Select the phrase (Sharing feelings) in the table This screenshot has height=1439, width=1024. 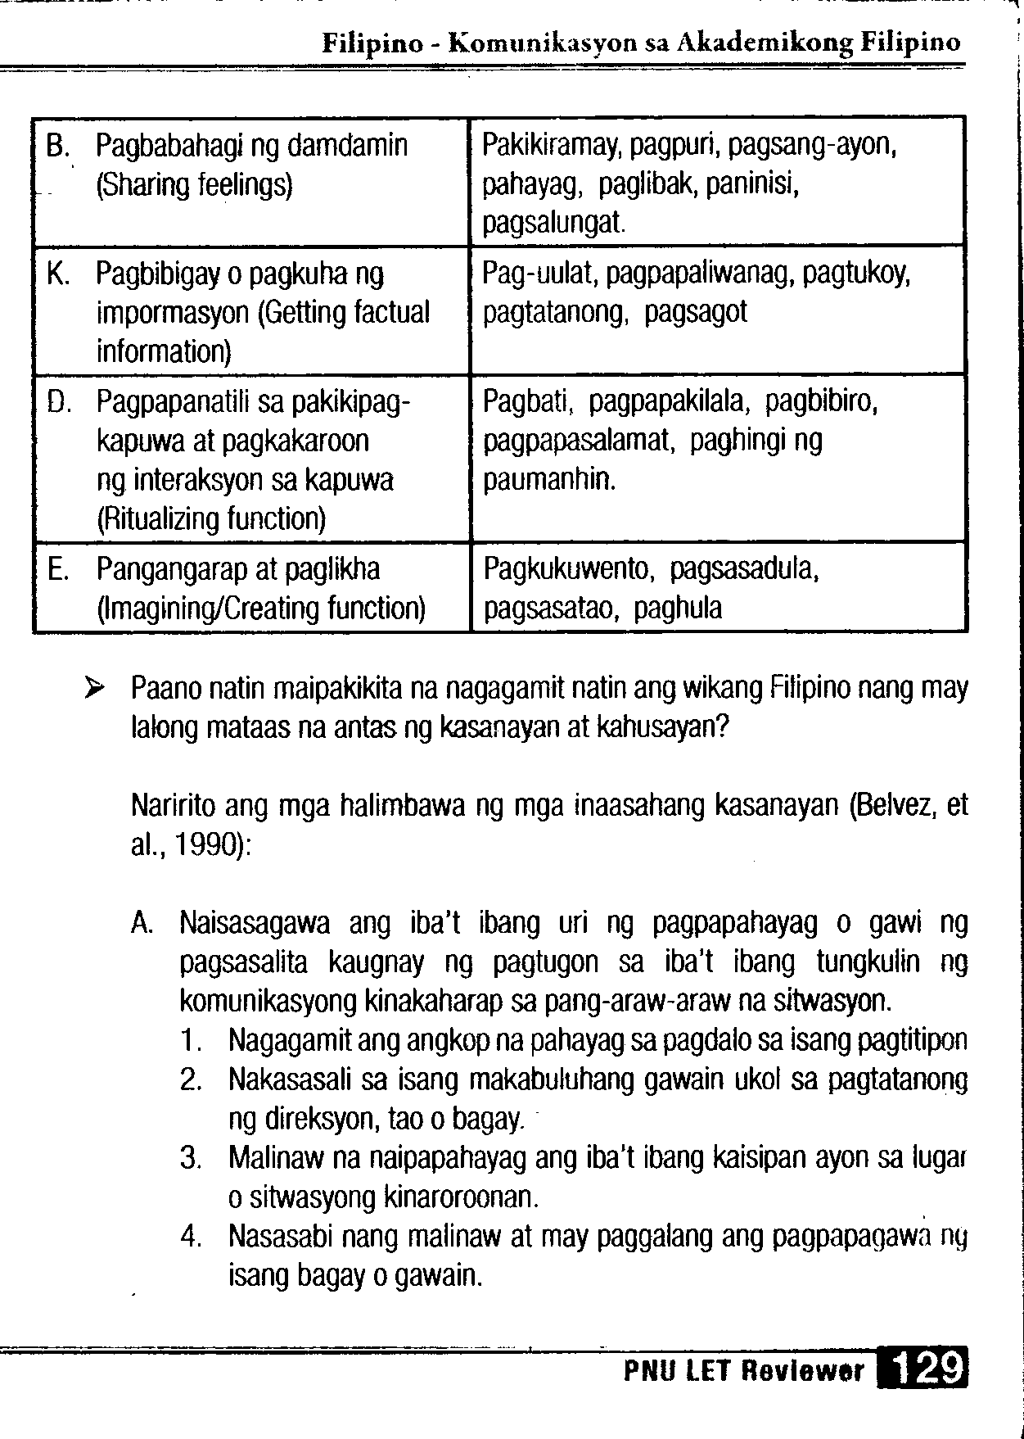point(194,186)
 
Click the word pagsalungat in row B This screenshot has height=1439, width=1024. point(553,223)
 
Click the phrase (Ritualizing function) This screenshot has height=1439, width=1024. point(211,518)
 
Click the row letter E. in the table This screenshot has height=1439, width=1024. point(57,569)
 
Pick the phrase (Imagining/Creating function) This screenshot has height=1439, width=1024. point(260,609)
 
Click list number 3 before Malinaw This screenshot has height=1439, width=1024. point(191,1160)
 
